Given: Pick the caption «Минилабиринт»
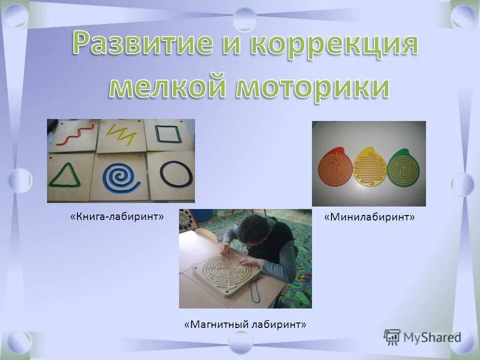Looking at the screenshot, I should [x=370, y=217].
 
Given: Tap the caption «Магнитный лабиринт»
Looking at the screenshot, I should [x=245, y=324].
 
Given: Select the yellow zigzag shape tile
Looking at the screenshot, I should [x=121, y=135].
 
